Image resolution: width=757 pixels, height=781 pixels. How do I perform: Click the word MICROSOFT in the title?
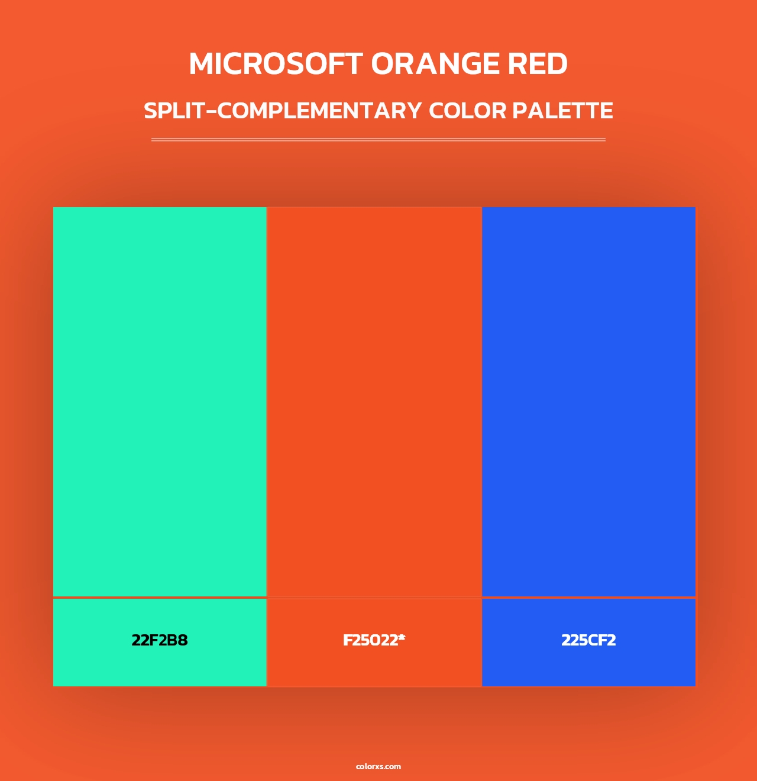276,64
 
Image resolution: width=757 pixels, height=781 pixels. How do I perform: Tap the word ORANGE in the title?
435,64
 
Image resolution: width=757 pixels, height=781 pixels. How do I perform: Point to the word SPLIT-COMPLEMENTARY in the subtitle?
283,111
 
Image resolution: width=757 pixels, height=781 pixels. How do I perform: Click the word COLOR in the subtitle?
467,111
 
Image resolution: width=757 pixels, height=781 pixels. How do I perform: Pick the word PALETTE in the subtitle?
562,111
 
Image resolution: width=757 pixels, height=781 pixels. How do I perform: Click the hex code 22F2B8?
160,640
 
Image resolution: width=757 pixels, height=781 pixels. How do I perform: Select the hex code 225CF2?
588,640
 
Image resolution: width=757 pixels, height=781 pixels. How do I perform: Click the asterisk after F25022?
402,637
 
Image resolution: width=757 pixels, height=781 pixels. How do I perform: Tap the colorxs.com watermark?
378,766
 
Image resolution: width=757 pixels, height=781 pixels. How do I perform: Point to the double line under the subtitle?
378,140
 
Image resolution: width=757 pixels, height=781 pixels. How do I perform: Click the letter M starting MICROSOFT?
202,64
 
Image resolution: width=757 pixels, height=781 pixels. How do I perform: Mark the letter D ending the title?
557,64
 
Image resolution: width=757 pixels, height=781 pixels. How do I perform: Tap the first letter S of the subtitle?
151,111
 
